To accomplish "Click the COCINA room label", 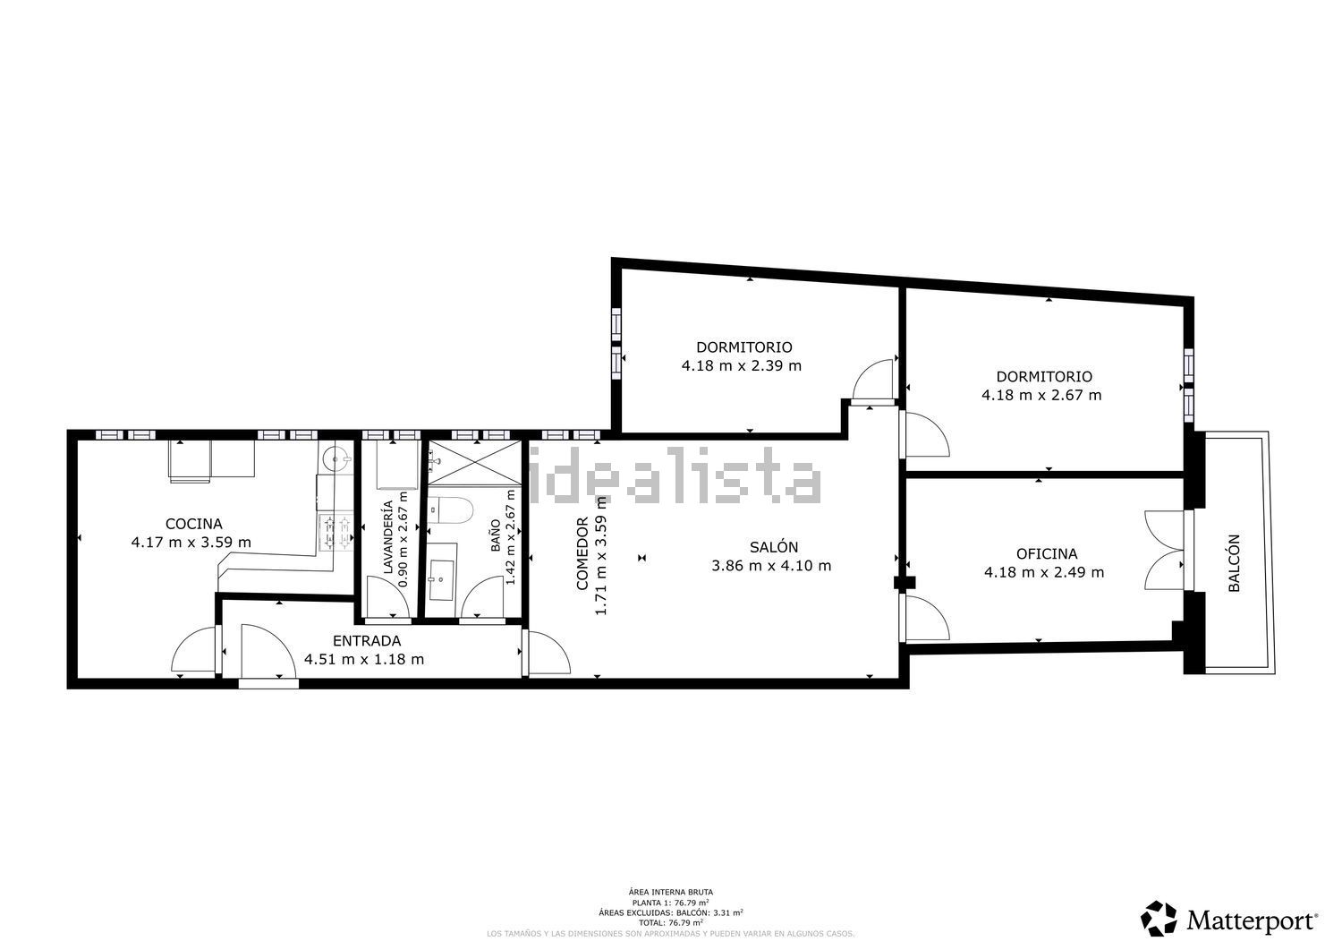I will (193, 524).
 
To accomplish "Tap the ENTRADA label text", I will (366, 641).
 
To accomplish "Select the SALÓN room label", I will (774, 547).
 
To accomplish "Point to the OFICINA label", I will (1046, 554).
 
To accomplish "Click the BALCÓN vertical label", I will (1234, 563).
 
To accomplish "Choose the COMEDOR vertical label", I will (582, 554).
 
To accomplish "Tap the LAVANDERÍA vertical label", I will (388, 537).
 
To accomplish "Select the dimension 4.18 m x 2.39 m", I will (742, 365).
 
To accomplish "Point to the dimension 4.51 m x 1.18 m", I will (364, 660).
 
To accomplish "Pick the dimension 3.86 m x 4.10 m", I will (771, 566).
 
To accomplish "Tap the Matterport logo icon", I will (1159, 919).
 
